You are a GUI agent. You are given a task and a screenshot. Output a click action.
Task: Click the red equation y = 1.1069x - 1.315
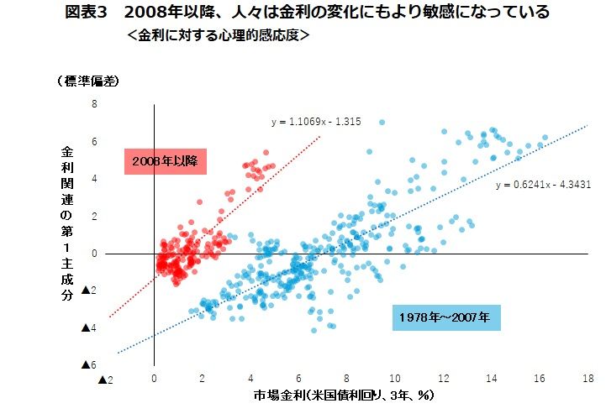click(316, 122)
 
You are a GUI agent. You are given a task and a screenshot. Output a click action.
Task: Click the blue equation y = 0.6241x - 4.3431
click(543, 185)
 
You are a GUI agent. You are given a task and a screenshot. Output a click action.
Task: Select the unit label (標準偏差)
click(87, 81)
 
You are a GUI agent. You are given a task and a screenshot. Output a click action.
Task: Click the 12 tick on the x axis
click(443, 379)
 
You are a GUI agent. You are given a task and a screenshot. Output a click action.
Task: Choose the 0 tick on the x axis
click(154, 379)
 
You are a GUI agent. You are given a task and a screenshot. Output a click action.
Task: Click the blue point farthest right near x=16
click(545, 138)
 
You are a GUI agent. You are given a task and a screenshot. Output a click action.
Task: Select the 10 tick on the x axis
click(395, 379)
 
